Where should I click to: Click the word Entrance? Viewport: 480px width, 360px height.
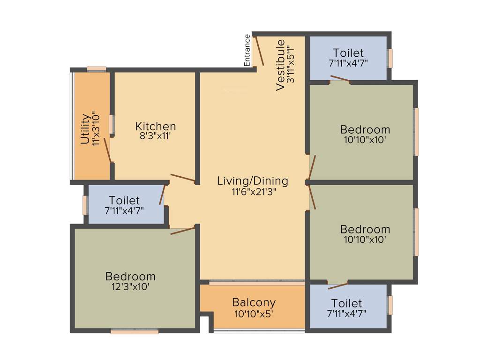247,50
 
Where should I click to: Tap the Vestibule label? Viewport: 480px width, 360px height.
280,65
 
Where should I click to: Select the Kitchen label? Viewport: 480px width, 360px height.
156,126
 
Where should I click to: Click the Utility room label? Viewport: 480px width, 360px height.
85,129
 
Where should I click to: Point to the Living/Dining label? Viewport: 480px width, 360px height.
253,181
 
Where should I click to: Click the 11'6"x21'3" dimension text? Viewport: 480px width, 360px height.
253,191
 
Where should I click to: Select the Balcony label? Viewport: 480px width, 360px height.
254,302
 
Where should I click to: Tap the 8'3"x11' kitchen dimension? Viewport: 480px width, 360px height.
156,136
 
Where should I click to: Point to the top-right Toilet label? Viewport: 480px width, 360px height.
348,52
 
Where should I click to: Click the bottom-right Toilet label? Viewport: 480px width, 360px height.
346,303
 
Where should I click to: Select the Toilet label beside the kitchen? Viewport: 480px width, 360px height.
124,200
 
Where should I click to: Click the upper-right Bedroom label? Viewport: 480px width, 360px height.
365,129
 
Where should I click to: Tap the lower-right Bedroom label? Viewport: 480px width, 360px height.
365,229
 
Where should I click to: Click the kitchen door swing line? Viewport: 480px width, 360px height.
183,178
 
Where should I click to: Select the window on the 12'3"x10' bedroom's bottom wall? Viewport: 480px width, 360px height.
135,331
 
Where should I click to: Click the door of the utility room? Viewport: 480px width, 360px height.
107,150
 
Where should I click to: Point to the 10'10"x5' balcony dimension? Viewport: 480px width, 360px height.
254,313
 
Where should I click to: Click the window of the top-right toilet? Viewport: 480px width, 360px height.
390,58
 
